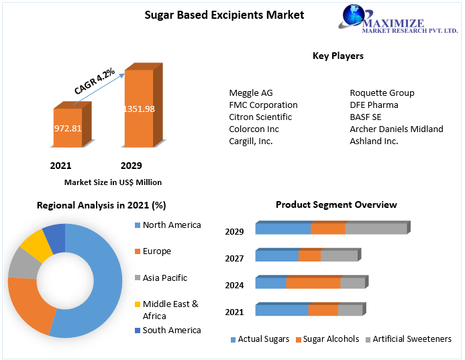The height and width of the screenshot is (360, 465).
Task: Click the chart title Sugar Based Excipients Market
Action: click(x=215, y=15)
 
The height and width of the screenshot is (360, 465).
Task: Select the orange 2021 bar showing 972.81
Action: click(x=67, y=127)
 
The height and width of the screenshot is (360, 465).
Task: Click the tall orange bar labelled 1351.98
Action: click(x=138, y=109)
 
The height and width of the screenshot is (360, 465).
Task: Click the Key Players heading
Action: click(x=338, y=56)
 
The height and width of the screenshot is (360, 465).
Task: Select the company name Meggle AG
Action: click(x=251, y=93)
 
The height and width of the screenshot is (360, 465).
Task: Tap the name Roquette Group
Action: click(x=382, y=93)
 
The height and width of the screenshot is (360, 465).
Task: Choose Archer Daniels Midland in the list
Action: click(x=396, y=129)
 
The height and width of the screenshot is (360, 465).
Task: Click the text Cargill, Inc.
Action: click(x=250, y=141)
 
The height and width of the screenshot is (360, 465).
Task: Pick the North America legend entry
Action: click(x=171, y=225)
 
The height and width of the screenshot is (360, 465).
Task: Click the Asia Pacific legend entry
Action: click(x=164, y=278)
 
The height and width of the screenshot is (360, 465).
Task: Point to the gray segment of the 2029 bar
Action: click(x=376, y=229)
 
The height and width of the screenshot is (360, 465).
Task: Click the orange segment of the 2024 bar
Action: click(x=313, y=283)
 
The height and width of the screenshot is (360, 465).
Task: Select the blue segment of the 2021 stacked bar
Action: click(x=282, y=310)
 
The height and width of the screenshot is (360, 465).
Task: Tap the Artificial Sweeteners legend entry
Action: click(x=411, y=339)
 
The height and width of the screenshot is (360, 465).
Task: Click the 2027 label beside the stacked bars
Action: click(x=234, y=258)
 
